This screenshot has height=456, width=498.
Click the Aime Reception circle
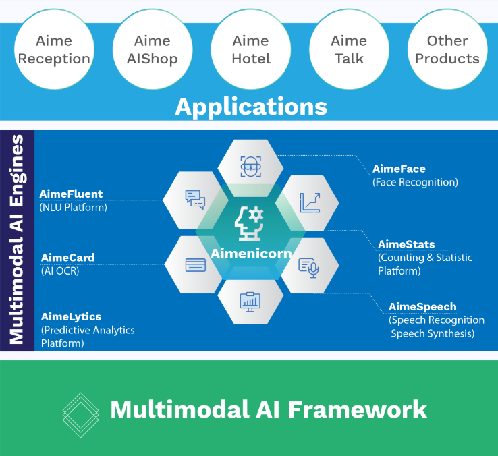pyautogui.click(x=54, y=49)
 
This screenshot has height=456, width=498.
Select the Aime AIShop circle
pyautogui.click(x=152, y=49)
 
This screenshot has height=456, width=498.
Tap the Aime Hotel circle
pyautogui.click(x=250, y=49)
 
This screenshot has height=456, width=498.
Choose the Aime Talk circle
pyautogui.click(x=349, y=49)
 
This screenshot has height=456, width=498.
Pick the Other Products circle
pyautogui.click(x=447, y=49)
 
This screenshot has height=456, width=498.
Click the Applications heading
pyautogui.click(x=251, y=107)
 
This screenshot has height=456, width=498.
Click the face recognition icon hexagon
pyautogui.click(x=251, y=166)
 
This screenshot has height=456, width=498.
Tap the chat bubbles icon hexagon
pyautogui.click(x=195, y=199)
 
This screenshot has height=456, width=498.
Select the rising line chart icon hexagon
pyautogui.click(x=310, y=201)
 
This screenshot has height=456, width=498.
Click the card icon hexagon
pyautogui.click(x=195, y=264)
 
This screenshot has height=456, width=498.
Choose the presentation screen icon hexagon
pyautogui.click(x=250, y=300)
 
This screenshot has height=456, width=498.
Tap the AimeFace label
pyautogui.click(x=399, y=169)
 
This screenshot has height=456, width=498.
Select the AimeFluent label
pyautogui.click(x=71, y=194)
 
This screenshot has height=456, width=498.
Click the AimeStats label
pyautogui.click(x=406, y=244)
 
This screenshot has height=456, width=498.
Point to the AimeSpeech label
pyautogui.click(x=422, y=306)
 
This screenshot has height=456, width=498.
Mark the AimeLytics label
pyautogui.click(x=71, y=316)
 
